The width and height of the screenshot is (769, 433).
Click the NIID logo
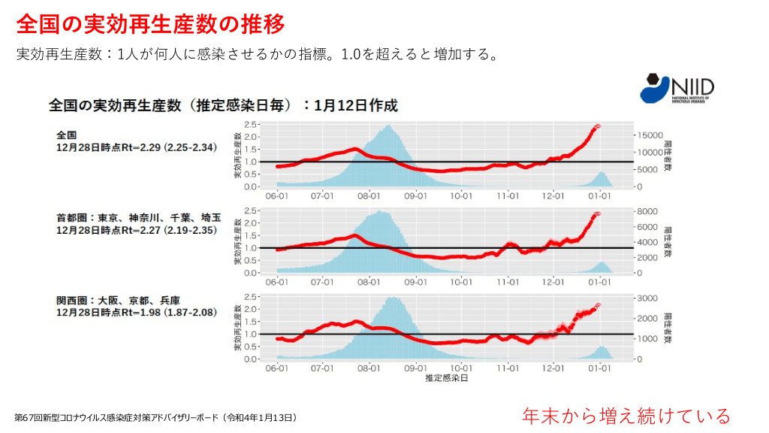pyautogui.click(x=677, y=89)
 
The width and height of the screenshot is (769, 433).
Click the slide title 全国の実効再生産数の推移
pyautogui.click(x=150, y=25)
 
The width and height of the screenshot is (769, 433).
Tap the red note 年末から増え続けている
pyautogui.click(x=626, y=416)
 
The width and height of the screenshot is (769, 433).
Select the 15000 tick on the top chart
pyautogui.click(x=650, y=135)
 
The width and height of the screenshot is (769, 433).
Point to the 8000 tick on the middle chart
pyautogui.click(x=647, y=211)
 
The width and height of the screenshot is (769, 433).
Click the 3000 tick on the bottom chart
pyautogui.click(x=647, y=298)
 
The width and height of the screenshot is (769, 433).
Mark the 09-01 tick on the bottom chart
pyautogui.click(x=415, y=368)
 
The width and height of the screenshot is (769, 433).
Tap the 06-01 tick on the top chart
pyautogui.click(x=277, y=196)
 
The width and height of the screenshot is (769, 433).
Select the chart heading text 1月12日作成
pyautogui.click(x=356, y=105)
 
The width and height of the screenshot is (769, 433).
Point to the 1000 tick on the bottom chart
pyautogui.click(x=647, y=339)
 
